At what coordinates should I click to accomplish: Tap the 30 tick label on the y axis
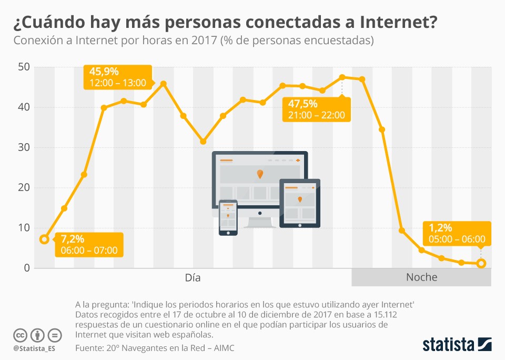[24, 147]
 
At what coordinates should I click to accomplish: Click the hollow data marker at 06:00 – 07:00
[45, 239]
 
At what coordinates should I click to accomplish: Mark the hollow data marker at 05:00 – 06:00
[481, 263]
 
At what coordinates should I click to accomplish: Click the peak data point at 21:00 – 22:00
[342, 77]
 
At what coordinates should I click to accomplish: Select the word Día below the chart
[193, 277]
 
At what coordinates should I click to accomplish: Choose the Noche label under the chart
[421, 277]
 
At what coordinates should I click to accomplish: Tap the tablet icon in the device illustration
[299, 203]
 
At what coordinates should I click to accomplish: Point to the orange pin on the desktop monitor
[260, 173]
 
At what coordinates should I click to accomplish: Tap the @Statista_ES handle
[34, 348]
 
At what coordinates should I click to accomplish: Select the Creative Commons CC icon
[20, 335]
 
